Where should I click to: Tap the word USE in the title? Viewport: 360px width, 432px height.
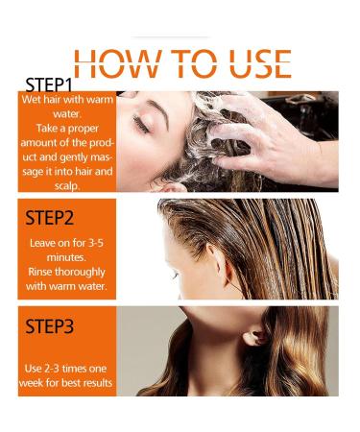(x=260, y=63)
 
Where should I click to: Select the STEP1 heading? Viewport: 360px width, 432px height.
(x=49, y=85)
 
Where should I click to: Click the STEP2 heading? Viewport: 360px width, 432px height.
(x=49, y=218)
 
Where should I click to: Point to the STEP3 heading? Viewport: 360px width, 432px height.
(x=49, y=326)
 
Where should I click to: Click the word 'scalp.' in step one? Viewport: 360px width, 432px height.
(x=66, y=186)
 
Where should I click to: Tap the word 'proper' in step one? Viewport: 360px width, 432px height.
(x=83, y=129)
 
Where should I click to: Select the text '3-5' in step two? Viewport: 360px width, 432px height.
(x=95, y=243)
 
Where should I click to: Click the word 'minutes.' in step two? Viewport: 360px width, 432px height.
(x=66, y=257)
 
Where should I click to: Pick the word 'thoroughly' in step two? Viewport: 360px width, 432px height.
(x=80, y=272)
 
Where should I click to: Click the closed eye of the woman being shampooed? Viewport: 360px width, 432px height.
(x=140, y=124)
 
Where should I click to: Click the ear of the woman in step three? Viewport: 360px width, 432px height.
(x=253, y=337)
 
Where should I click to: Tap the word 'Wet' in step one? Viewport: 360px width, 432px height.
(x=31, y=100)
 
